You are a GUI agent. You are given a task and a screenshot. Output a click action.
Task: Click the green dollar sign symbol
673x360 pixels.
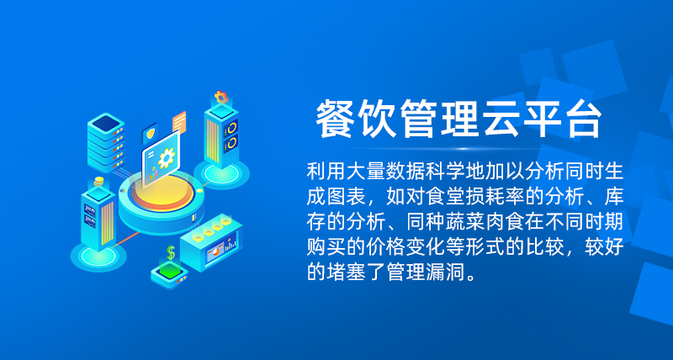coord(171,252)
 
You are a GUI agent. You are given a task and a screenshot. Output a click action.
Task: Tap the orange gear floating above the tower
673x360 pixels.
coord(221,97)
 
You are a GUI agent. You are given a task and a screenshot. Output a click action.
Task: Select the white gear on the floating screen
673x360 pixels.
coord(166,157)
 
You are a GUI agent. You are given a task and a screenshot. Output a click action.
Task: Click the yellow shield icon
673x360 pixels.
coord(150,134)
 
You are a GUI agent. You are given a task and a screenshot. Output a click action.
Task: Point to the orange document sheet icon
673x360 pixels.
coord(179,122)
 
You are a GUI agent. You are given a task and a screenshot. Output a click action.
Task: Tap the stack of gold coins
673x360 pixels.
coord(99,181)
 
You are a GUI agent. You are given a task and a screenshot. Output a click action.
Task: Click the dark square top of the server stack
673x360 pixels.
coord(106,124)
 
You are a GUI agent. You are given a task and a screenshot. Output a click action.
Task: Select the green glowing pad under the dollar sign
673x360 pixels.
coord(170,270)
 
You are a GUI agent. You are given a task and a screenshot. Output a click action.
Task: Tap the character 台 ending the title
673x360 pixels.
coord(580,119)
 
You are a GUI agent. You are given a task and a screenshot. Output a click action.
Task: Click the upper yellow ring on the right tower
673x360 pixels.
coord(232,128)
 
